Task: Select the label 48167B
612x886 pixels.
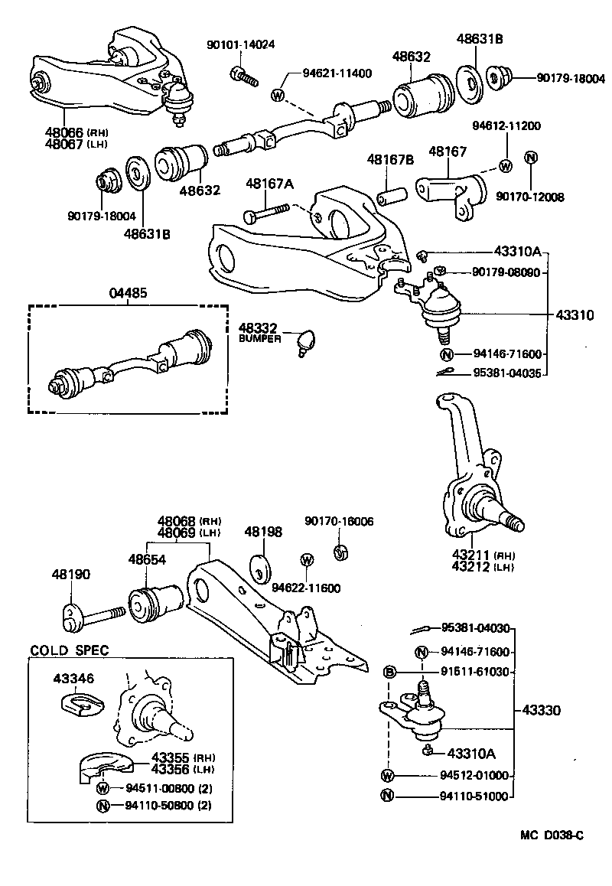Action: pos(390,160)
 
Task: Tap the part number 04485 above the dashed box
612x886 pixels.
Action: pos(128,292)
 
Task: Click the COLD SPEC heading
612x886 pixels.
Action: pos(69,650)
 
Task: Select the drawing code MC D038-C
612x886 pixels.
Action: pos(547,835)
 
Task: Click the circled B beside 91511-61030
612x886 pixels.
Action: pos(389,673)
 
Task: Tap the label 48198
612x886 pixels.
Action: pos(263,531)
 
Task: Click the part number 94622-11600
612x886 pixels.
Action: pos(306,588)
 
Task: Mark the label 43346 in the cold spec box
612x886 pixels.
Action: pos(73,678)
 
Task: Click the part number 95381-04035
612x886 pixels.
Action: pos(507,374)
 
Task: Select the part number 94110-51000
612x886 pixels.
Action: pos(474,796)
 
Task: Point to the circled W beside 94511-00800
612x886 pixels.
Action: pos(103,787)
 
